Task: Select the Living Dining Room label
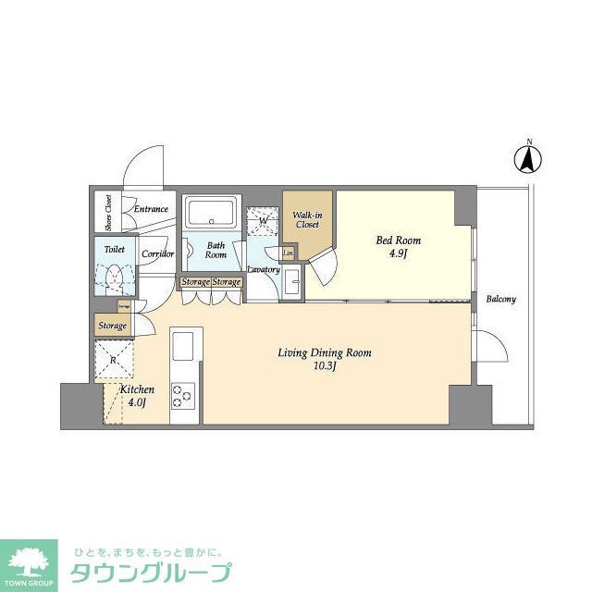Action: pos(326,352)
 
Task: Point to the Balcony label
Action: pos(500,300)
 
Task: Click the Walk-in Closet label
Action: pos(306,219)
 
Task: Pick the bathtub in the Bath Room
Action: pos(212,214)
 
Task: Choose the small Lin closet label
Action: pos(288,253)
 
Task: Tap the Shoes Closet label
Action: pos(108,212)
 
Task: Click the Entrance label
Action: pos(150,209)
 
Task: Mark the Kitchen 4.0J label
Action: pos(137,396)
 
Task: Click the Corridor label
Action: pos(157,253)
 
